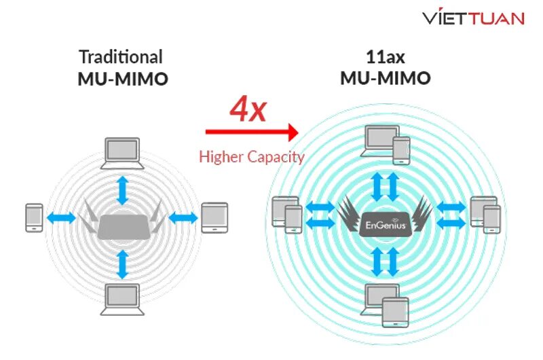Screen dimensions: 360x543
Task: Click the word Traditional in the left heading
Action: (x=121, y=56)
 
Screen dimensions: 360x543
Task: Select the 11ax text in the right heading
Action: (x=385, y=56)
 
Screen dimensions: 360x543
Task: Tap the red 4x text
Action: (x=248, y=108)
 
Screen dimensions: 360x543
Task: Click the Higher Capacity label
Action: (x=251, y=157)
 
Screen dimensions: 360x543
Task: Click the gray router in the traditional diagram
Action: (x=123, y=226)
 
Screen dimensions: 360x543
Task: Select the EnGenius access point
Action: (x=385, y=223)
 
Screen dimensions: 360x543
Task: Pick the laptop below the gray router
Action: (x=122, y=299)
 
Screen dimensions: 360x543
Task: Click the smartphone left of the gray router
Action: (x=34, y=218)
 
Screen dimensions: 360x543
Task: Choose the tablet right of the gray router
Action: (x=214, y=218)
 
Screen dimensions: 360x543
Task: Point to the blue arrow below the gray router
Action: (x=122, y=264)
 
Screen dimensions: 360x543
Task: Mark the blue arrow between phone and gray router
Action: (x=62, y=218)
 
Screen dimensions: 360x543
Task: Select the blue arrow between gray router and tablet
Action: (x=183, y=218)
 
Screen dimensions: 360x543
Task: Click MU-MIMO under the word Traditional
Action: (x=122, y=79)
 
